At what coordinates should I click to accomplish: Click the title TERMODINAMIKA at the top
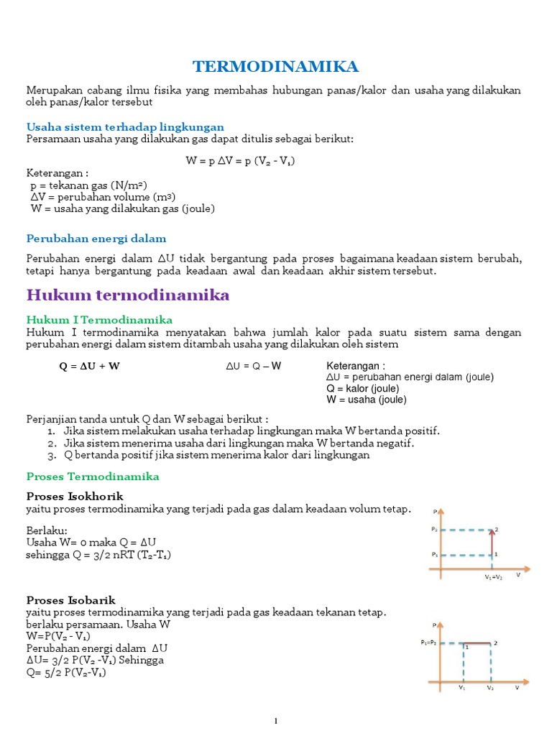pos(275,67)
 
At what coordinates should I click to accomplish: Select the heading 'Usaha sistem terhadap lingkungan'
pos(125,126)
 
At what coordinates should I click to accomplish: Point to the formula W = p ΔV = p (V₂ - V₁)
pos(240,160)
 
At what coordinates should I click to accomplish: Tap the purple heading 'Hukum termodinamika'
pos(128,295)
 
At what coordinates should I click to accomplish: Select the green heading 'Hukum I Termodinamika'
pos(99,319)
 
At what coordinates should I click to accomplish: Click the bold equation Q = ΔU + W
pos(89,366)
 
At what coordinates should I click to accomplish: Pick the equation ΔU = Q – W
pos(254,366)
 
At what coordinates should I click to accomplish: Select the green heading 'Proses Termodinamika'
pos(93,477)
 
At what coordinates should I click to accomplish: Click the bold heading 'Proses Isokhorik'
pos(75,497)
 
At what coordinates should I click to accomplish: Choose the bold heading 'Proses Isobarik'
pos(71,599)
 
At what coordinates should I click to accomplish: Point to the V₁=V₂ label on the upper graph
pos(493,576)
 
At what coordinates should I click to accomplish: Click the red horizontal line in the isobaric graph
pos(478,643)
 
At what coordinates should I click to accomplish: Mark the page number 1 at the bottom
pos(275,722)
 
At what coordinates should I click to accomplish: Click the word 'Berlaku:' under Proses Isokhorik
pos(47,530)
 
